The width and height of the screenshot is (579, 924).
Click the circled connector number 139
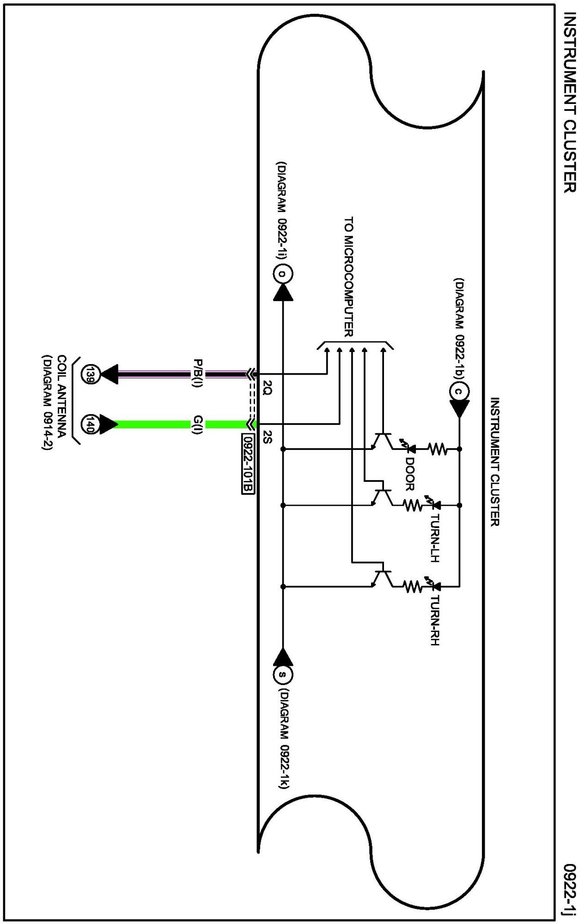[x=90, y=374]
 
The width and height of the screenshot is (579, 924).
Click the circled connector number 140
[x=90, y=424]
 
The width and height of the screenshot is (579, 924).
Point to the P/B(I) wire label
[x=198, y=373]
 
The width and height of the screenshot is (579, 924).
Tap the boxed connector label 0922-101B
[x=248, y=463]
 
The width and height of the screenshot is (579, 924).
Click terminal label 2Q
[x=267, y=387]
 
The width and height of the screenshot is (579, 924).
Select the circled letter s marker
[x=283, y=675]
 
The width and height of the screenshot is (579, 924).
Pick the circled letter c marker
[x=459, y=392]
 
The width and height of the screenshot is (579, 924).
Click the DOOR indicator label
[x=409, y=474]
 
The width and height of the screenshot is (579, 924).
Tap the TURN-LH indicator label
[x=434, y=538]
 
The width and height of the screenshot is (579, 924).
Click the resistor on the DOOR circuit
[x=437, y=449]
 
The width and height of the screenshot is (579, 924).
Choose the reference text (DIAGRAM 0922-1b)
[x=459, y=329]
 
